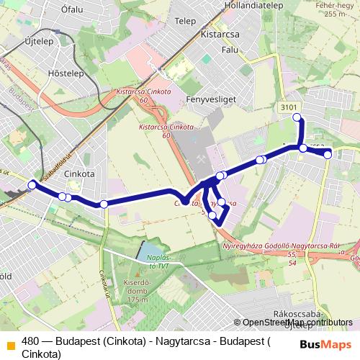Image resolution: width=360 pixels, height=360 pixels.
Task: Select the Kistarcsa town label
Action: click(x=220, y=34)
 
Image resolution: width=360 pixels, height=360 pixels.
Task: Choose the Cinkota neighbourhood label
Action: click(x=79, y=174)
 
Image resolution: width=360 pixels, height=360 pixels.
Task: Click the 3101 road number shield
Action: click(x=289, y=107)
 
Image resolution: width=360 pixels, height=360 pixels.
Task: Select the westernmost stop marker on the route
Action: click(x=32, y=186)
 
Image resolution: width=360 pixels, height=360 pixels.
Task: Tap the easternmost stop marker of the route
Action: click(x=328, y=154)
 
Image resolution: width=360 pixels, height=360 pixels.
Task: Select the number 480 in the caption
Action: click(x=31, y=342)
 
